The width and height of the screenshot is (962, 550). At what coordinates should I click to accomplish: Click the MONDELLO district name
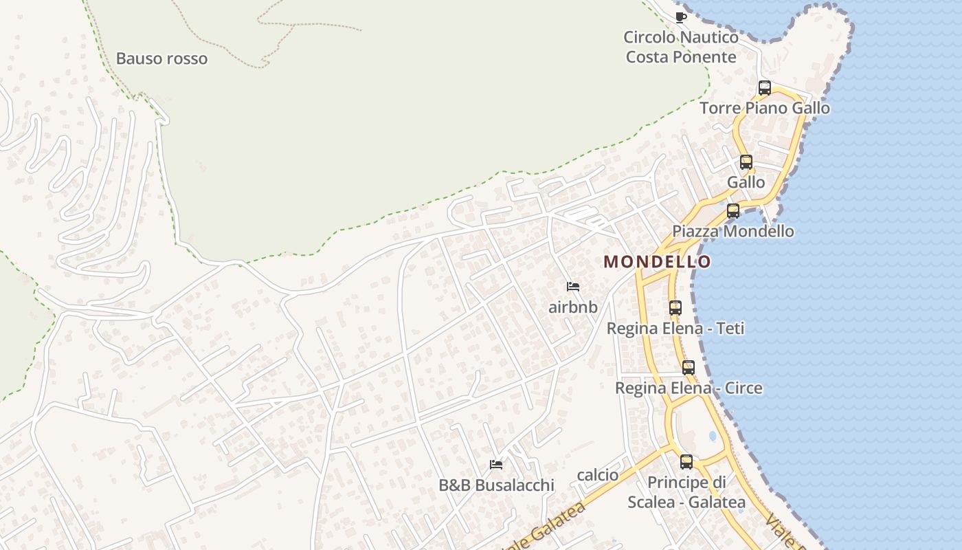coord(658,262)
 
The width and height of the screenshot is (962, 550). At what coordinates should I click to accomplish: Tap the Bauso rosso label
coord(161,58)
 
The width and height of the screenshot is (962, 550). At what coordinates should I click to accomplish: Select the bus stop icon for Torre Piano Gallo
coord(765,88)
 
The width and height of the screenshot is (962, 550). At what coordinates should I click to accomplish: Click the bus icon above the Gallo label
coord(746,162)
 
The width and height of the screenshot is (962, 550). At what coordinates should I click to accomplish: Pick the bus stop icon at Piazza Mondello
coord(733,211)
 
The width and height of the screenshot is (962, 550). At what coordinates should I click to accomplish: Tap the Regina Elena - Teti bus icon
coord(675,308)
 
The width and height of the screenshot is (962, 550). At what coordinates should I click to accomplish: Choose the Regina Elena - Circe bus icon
coord(689,368)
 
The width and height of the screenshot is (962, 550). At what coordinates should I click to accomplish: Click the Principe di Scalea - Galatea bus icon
coord(686,462)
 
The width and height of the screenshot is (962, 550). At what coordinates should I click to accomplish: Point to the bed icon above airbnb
coord(573,287)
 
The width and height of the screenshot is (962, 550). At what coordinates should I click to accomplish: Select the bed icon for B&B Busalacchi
coord(496,465)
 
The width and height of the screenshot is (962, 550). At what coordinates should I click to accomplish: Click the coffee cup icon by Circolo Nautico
coord(681,17)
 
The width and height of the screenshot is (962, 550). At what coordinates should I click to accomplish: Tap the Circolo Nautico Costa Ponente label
coord(681,47)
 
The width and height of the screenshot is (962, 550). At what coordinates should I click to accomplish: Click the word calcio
coord(598,475)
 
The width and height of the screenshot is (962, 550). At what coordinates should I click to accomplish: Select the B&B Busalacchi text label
coord(496,485)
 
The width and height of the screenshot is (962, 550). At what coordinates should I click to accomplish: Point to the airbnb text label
coord(573,307)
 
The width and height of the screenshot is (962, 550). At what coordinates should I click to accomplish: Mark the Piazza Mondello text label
coord(733,232)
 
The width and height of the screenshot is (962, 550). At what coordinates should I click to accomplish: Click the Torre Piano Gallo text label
coord(765,109)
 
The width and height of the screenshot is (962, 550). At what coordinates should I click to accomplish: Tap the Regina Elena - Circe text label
coord(689,388)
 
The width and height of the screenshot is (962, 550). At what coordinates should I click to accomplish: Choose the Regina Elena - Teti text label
coord(675,329)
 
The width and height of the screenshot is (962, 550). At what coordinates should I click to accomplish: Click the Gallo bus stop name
coord(746,183)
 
